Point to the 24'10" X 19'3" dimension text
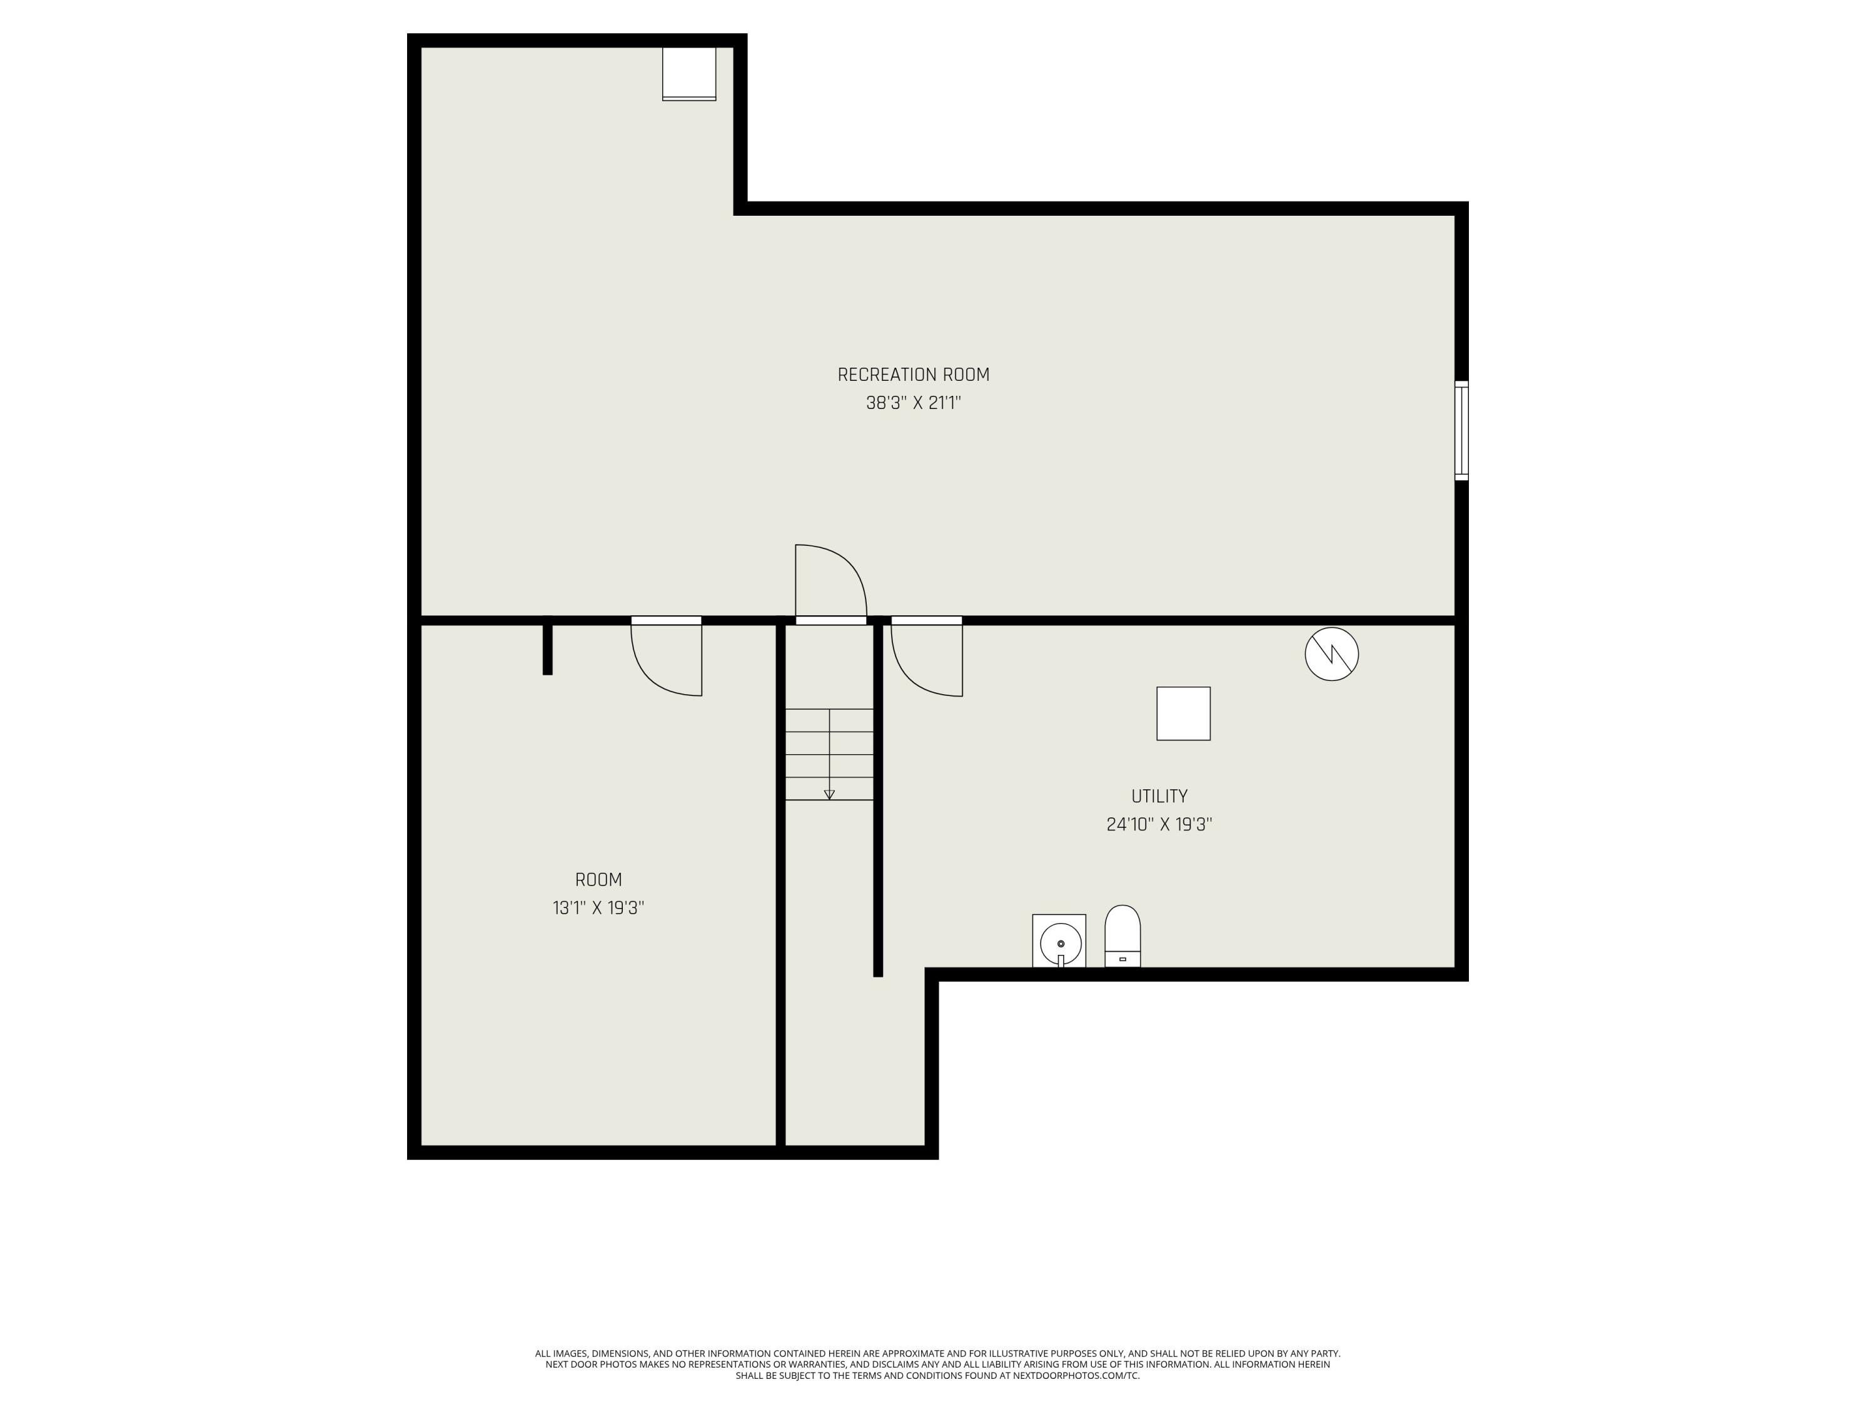click(x=1159, y=824)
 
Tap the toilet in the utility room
click(x=1122, y=936)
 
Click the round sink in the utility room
click(x=1060, y=942)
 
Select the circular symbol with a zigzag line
click(x=1331, y=654)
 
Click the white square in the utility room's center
click(x=1183, y=714)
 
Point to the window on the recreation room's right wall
click(x=1461, y=431)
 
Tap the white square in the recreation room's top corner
click(x=688, y=74)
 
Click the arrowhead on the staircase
click(x=829, y=795)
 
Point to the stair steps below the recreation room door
click(x=829, y=754)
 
